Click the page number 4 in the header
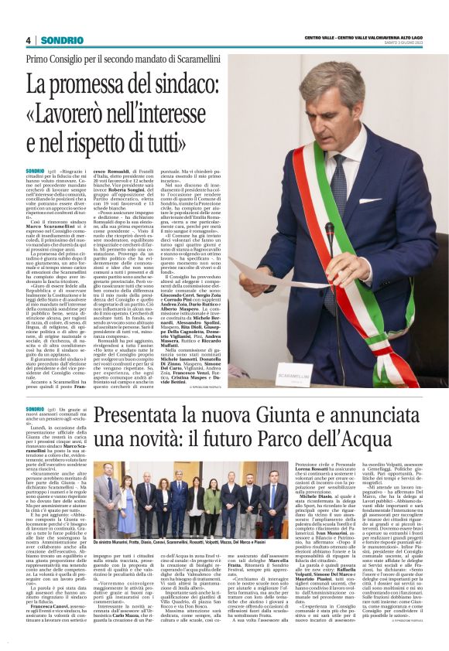(28, 40)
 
